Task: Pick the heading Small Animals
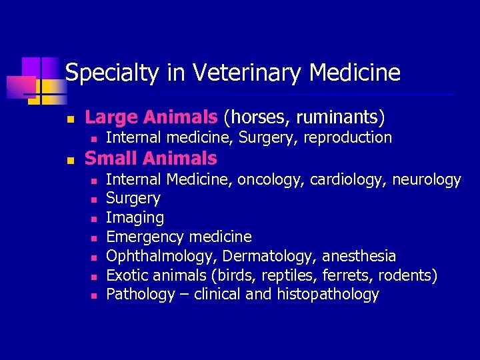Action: pos(151,159)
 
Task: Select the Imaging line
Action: pos(135,218)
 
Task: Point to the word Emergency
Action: pos(145,237)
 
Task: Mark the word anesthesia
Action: pos(360,257)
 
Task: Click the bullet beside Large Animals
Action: pos(70,119)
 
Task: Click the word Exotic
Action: pos(126,275)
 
